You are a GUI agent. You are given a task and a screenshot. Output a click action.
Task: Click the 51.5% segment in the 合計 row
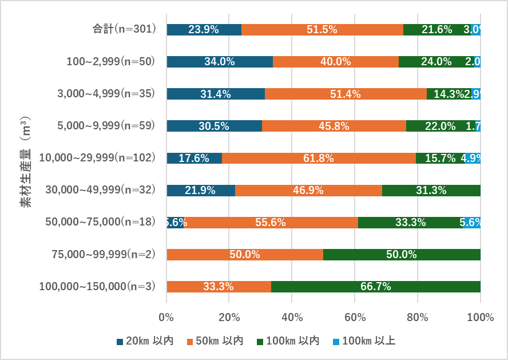tap(322, 30)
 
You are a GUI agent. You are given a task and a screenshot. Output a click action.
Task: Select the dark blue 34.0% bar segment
tap(219, 62)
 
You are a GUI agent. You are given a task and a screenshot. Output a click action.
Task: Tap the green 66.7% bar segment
tap(376, 287)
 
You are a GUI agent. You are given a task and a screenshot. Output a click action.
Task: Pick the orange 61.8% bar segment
tap(319, 159)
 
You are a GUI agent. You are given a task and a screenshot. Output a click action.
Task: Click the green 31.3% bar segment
tap(431, 191)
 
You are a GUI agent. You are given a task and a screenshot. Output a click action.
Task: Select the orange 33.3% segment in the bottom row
tap(219, 287)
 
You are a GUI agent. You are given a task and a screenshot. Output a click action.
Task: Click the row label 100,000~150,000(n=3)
tap(97, 286)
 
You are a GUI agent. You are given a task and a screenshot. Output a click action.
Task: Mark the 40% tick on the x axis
tap(292, 317)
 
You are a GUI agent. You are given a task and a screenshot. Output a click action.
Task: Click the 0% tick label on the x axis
tap(166, 317)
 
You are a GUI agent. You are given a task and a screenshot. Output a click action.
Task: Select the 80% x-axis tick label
tap(417, 317)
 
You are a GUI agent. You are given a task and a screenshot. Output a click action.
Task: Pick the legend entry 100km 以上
tap(363, 342)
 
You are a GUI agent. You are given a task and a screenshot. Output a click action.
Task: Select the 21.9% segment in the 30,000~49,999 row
tap(200, 191)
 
